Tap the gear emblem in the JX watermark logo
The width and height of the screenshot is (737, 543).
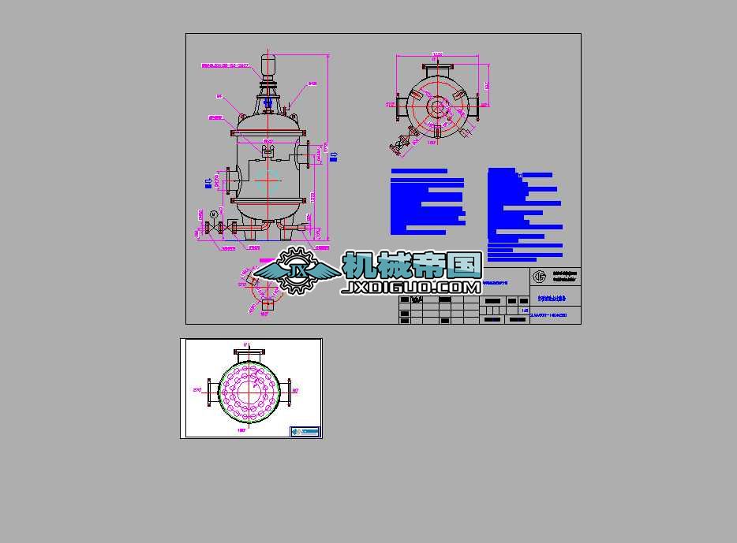click(x=297, y=271)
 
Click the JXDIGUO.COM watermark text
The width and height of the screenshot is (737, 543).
click(x=411, y=288)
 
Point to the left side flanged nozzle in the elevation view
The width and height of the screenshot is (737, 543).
click(x=231, y=182)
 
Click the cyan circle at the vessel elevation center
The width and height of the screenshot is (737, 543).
click(x=267, y=178)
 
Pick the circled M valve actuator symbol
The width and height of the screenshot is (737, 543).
click(x=213, y=214)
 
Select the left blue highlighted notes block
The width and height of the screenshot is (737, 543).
click(x=427, y=202)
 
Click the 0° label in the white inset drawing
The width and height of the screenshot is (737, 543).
click(x=245, y=345)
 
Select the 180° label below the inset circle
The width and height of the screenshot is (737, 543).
click(x=241, y=431)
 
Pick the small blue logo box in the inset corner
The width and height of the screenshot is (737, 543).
click(x=305, y=431)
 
